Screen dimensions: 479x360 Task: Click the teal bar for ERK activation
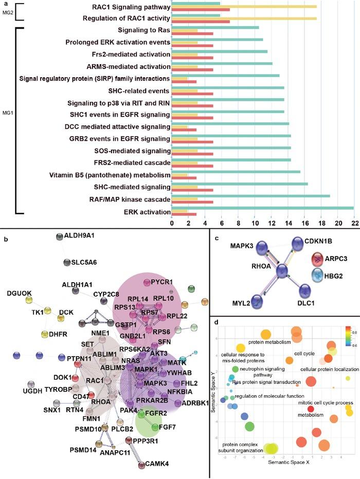coord(262,208)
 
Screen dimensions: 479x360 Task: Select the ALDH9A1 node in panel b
coord(59,237)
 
